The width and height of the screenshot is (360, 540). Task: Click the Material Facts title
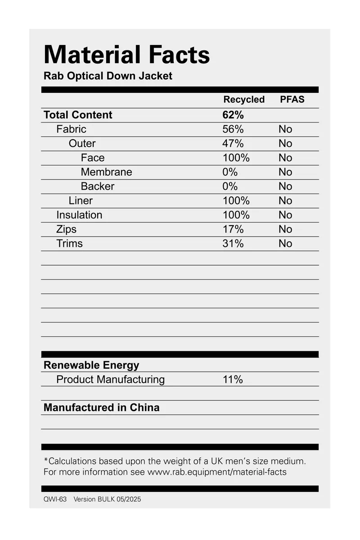point(126,55)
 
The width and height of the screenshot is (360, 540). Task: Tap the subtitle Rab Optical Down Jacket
point(108,76)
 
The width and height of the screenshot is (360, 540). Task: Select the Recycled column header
point(244,100)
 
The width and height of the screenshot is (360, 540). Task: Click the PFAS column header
point(292,100)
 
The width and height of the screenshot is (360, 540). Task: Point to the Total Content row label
point(78,115)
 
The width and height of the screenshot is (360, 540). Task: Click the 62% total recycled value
point(233,115)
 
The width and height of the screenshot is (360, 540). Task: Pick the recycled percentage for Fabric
point(233,129)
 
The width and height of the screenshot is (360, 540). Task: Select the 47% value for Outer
point(233,144)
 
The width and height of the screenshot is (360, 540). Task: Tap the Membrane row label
point(107,172)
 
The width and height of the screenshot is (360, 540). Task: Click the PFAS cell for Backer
point(285,186)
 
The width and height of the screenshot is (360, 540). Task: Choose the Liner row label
point(81,200)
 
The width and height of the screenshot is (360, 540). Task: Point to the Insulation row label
point(79,215)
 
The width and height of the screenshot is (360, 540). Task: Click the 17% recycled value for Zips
point(233,229)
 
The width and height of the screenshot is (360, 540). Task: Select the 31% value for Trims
point(233,244)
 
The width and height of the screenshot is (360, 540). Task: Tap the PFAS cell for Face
point(285,158)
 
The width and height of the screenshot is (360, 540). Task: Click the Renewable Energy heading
point(91,365)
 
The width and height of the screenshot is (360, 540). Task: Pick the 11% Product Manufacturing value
point(233,380)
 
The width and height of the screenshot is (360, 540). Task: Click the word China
point(144,408)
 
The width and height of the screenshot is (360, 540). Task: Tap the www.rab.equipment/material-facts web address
point(216,472)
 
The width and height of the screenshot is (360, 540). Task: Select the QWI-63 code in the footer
point(55,499)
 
